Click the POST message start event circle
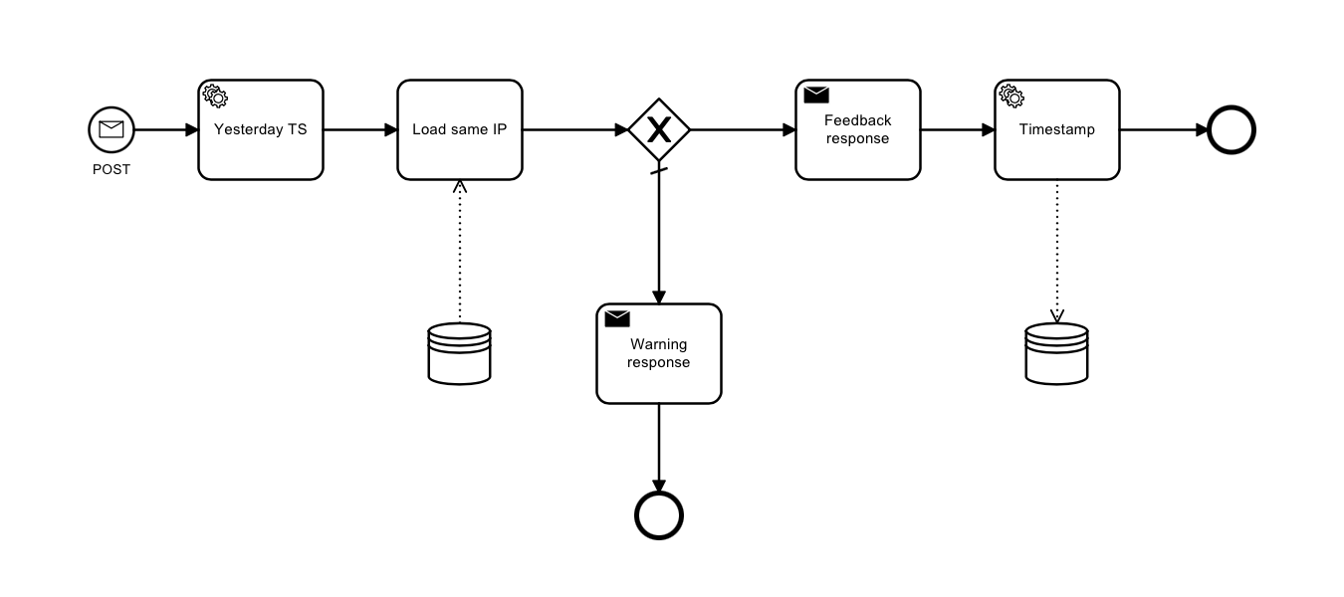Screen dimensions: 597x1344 point(112,129)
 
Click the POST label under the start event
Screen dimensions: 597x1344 point(112,169)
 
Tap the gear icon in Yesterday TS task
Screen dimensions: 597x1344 point(215,96)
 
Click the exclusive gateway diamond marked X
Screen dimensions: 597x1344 point(659,129)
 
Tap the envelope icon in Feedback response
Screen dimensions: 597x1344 point(816,96)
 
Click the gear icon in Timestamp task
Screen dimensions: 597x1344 point(1011,96)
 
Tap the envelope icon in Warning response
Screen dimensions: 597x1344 point(617,318)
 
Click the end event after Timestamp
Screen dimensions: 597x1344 point(1232,129)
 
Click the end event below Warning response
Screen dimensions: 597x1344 point(659,515)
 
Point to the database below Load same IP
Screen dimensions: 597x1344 point(459,353)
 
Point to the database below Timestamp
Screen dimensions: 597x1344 point(1057,353)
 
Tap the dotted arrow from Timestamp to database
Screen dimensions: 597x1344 point(1057,249)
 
